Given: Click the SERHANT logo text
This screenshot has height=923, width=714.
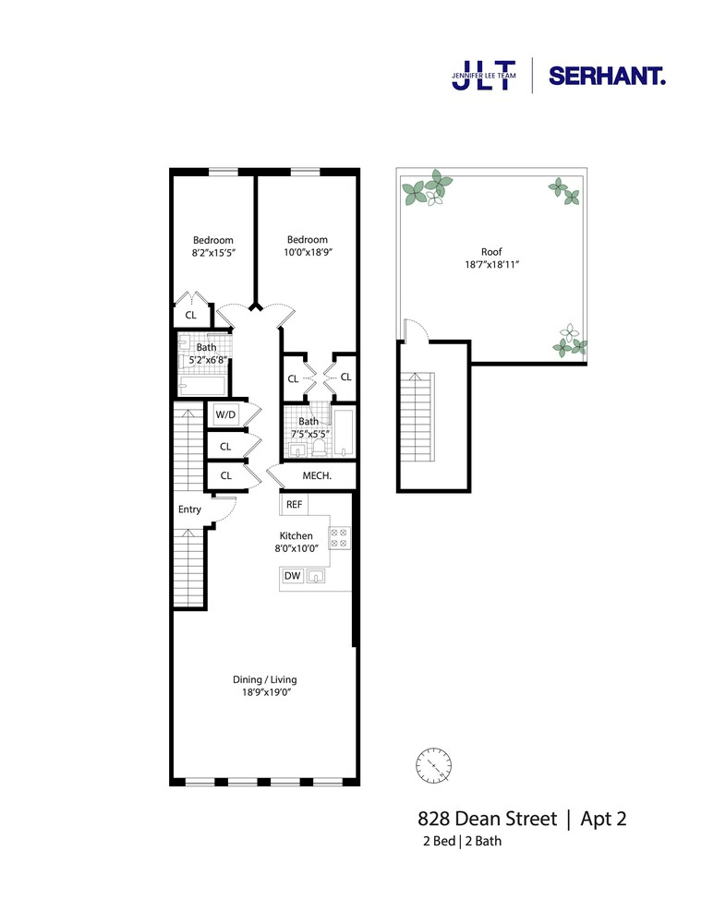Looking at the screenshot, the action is click(607, 76).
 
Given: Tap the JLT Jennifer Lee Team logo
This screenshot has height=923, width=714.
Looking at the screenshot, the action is click(484, 76).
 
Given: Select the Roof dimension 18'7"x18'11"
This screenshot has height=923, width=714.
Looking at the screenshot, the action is click(492, 265).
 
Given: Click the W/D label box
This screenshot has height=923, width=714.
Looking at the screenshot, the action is click(225, 414).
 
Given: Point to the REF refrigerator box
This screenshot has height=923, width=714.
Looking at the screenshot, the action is click(294, 505).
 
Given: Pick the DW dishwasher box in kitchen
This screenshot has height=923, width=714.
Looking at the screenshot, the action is click(292, 576).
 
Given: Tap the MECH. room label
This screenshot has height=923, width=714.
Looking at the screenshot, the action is click(317, 475).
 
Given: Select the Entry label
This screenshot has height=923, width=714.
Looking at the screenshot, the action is click(189, 509).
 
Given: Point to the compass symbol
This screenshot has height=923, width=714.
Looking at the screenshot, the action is click(433, 766).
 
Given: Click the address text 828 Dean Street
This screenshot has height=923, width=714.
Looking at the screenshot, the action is click(487, 819).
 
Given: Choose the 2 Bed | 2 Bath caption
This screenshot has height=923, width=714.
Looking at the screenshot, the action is click(463, 841).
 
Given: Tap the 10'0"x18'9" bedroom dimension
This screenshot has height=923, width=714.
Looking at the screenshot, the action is click(308, 253).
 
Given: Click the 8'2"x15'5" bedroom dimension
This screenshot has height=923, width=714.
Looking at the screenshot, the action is click(213, 253).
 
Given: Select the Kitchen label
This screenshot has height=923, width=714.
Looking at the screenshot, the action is click(296, 535).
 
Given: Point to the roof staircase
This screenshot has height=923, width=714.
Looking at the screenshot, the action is click(418, 417).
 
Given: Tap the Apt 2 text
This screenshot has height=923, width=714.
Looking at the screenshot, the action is click(603, 819).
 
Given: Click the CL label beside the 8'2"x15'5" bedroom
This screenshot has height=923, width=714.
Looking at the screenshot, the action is click(191, 315).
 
